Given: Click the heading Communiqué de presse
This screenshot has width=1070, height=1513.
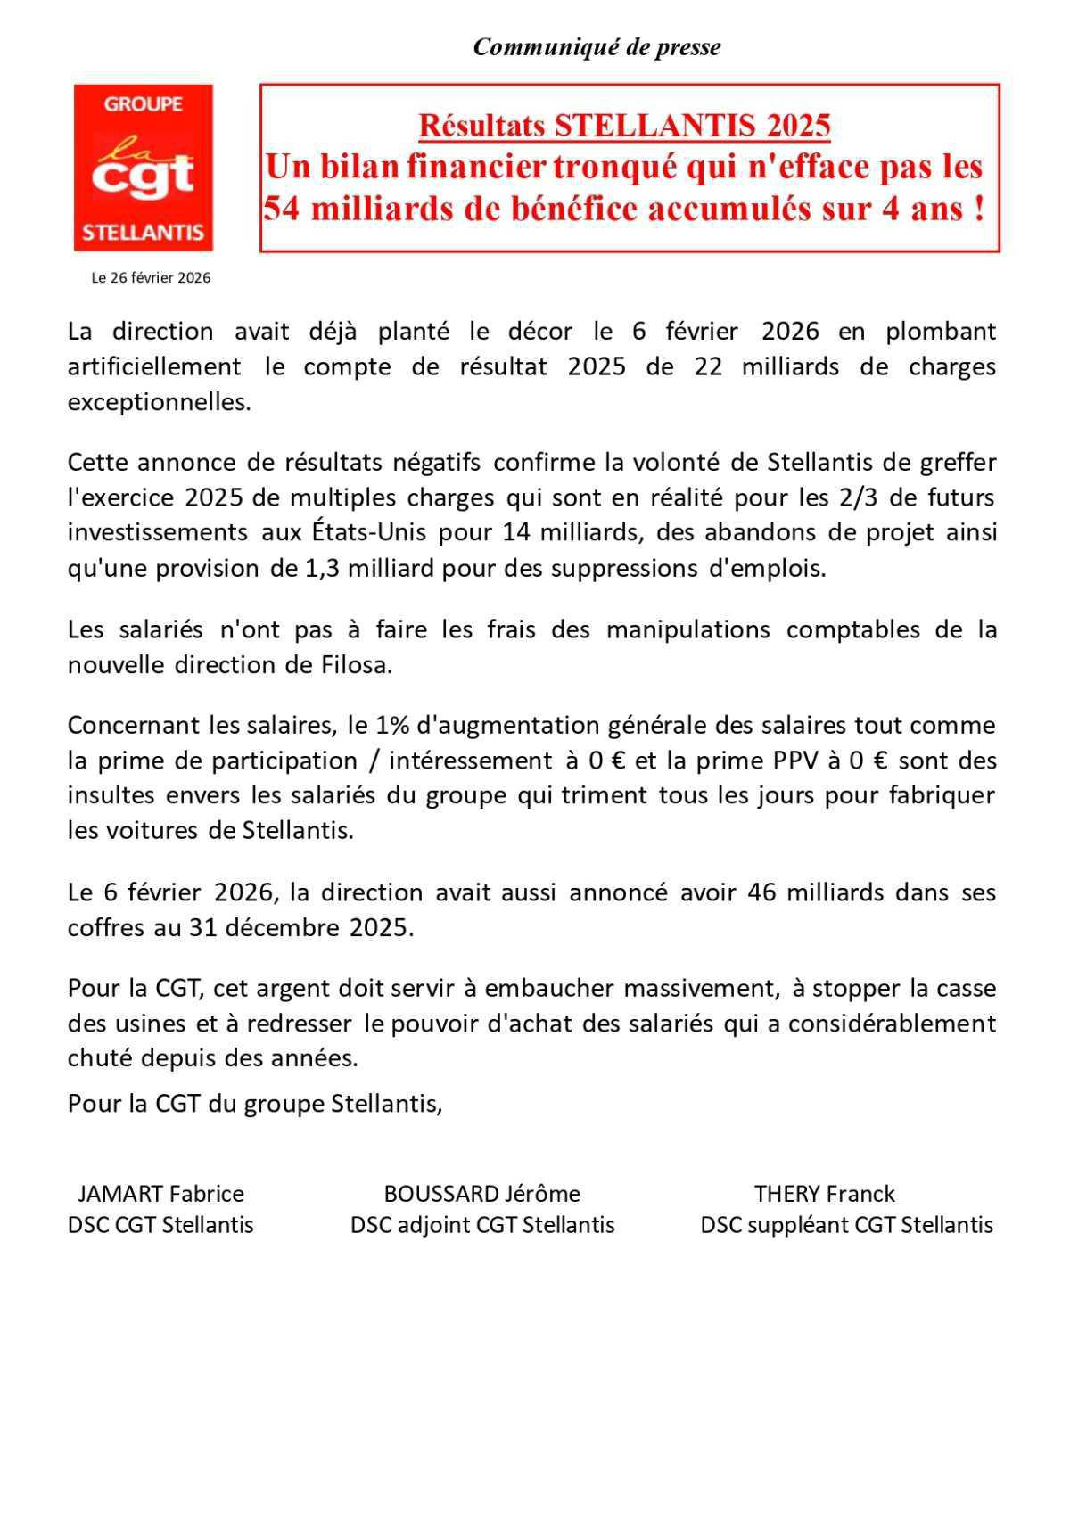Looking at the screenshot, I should (597, 47).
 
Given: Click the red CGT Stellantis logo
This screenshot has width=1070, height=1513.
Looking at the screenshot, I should (143, 168).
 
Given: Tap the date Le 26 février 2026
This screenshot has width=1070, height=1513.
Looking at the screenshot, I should (151, 278).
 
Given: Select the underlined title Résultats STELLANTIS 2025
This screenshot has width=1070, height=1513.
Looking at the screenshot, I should (624, 126).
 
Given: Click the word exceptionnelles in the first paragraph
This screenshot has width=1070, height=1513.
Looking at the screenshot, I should (160, 402).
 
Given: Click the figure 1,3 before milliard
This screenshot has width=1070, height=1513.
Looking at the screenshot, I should (316, 568).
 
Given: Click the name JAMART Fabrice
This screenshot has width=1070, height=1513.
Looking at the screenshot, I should (160, 1194).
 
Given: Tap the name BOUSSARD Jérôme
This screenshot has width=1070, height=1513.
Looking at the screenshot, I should (481, 1194).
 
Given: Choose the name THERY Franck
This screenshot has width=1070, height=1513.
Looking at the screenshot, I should (824, 1194).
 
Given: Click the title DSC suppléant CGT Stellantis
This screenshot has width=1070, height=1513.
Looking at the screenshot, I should (846, 1225).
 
